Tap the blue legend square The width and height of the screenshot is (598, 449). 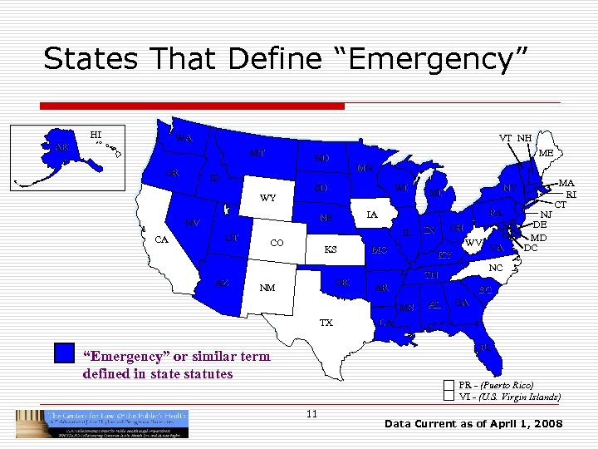click(64, 353)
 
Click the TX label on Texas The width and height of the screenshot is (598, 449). click(326, 322)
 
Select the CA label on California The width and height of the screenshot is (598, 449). click(163, 239)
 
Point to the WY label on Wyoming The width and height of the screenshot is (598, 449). click(267, 199)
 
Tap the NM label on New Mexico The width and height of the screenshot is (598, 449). click(267, 289)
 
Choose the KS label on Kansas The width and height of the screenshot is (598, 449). click(330, 249)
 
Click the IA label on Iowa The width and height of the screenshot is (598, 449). click(372, 215)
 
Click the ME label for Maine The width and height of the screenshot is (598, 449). click(546, 153)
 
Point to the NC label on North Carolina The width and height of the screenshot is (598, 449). click(496, 269)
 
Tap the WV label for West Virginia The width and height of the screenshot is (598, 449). click(473, 243)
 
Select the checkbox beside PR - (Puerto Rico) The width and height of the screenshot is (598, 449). click(449, 385)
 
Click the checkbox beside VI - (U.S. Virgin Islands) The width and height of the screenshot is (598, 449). click(449, 397)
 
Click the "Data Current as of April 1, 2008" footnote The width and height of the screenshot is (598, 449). click(473, 424)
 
